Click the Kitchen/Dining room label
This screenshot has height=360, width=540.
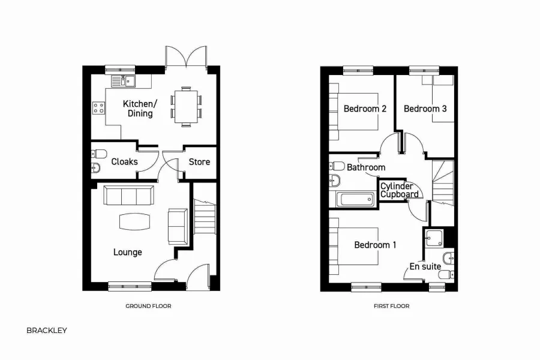click(138, 109)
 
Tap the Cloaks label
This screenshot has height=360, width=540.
click(124, 161)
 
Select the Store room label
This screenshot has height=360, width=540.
click(199, 161)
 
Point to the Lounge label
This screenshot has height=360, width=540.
click(128, 252)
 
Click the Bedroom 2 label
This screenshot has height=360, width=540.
click(365, 109)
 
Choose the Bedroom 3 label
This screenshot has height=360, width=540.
click(425, 109)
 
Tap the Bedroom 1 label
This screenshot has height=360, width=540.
click(376, 245)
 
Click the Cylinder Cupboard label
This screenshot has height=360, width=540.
click(400, 190)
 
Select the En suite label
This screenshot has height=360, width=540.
click(425, 266)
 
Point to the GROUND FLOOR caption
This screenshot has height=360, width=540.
click(148, 306)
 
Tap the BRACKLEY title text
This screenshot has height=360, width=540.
click(47, 330)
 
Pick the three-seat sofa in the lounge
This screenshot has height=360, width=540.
click(128, 196)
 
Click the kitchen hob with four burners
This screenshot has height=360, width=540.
click(98, 109)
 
